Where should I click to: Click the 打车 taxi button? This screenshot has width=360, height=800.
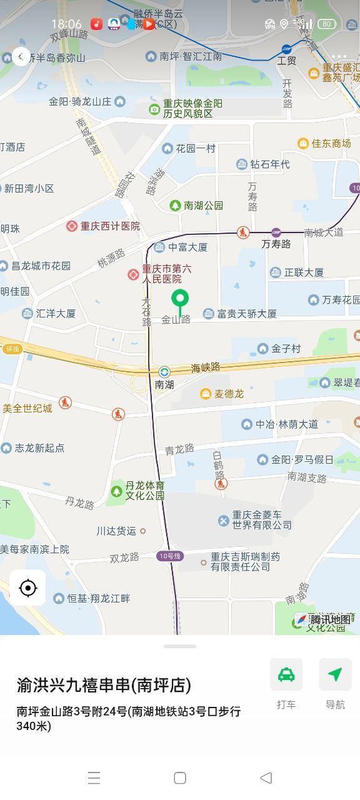(x=286, y=675)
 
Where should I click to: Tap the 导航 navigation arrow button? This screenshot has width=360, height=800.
(x=335, y=675)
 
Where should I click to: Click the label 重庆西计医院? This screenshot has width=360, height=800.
(x=110, y=226)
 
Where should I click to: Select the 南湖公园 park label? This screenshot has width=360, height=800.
(x=203, y=206)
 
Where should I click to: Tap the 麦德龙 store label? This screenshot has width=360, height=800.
(x=229, y=394)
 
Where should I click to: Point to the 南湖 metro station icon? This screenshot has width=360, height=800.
(x=164, y=372)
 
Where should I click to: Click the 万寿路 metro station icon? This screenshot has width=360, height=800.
(x=276, y=232)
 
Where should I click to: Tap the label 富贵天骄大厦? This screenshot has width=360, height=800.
(x=247, y=314)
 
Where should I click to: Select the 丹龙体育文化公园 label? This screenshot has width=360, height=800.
(x=144, y=491)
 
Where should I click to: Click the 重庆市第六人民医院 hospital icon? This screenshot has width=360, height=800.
(x=133, y=274)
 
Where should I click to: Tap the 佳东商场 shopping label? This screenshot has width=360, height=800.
(x=331, y=144)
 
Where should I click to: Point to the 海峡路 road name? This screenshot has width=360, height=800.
(x=206, y=367)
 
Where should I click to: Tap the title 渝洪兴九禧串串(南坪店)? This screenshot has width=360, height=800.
(x=104, y=685)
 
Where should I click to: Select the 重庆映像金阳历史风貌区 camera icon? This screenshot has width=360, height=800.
(x=154, y=109)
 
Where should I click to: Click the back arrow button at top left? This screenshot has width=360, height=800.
(x=21, y=57)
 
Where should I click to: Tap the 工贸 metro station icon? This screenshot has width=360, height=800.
(x=286, y=49)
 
